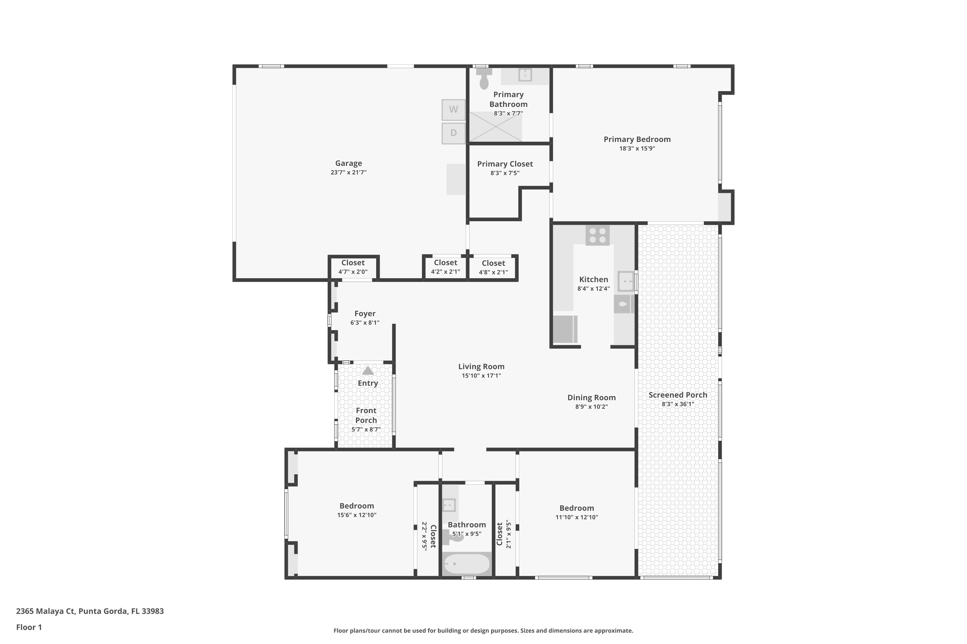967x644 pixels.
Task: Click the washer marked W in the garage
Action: [x=454, y=110]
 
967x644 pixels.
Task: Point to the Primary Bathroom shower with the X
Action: [x=496, y=127]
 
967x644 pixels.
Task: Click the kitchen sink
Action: [x=626, y=281]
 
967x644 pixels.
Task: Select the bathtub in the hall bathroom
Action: [x=467, y=564]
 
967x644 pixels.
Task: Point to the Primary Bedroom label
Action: [x=637, y=139]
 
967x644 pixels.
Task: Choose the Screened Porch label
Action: [x=678, y=395]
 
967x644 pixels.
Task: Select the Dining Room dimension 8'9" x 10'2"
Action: [x=591, y=407]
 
